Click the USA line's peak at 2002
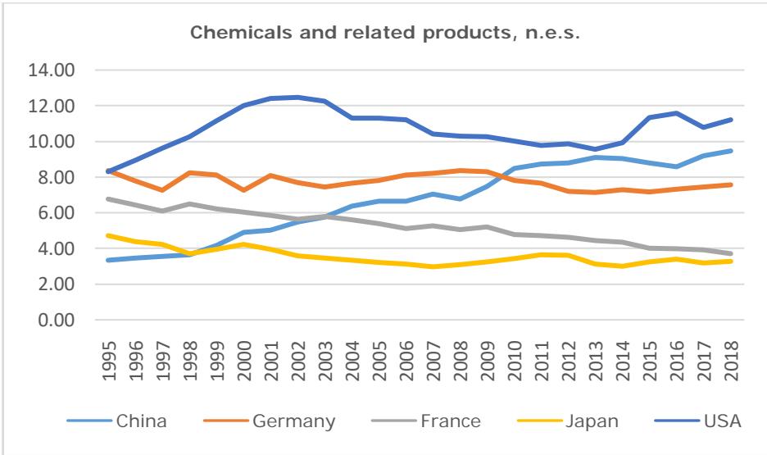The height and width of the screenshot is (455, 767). click(x=297, y=98)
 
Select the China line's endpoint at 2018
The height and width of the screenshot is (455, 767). click(x=729, y=151)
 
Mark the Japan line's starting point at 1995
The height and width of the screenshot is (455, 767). click(x=108, y=235)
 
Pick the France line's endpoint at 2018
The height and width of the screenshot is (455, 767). click(x=729, y=253)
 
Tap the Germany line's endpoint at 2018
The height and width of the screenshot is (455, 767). click(x=729, y=184)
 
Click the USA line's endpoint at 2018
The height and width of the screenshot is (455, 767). click(x=729, y=120)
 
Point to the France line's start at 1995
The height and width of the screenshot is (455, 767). click(x=108, y=199)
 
